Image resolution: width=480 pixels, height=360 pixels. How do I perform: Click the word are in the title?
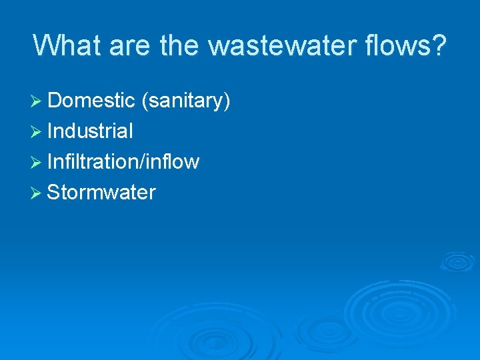pos(133,45)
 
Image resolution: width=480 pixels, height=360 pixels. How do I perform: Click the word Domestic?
pos(91,101)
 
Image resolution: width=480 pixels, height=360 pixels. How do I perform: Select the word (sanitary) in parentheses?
pos(185,101)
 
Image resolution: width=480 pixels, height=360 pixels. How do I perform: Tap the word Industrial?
pos(90,131)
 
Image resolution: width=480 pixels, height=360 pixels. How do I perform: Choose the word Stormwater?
pos(101,193)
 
